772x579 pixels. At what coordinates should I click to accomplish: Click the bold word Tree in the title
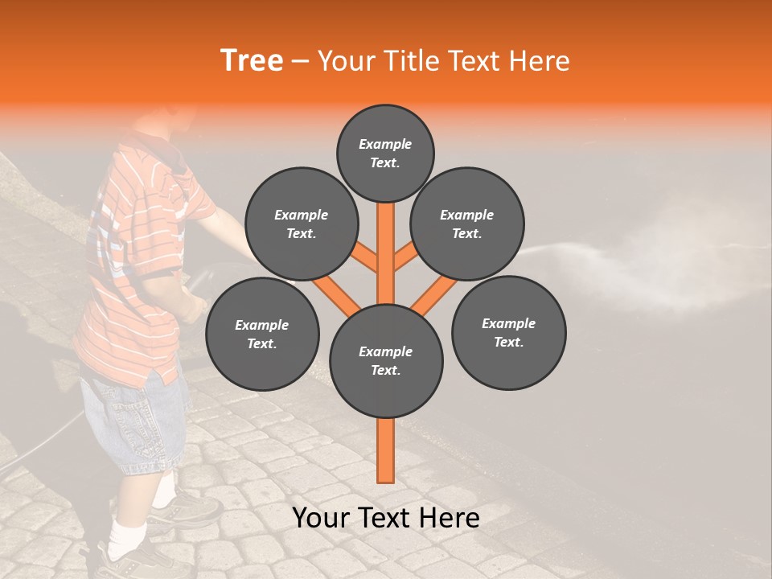coord(252,61)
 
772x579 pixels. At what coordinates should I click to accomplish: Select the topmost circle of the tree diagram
coord(385,153)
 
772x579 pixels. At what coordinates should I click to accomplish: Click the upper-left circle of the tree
coord(301,224)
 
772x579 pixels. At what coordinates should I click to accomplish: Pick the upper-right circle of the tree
coord(467,224)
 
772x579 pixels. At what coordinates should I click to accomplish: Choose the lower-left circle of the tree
coord(261,334)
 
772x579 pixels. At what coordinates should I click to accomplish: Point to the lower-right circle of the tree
coord(508,332)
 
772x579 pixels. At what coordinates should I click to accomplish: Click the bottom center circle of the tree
coord(386,360)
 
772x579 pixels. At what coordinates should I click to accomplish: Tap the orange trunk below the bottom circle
coord(386,450)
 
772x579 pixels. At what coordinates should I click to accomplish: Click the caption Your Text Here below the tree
coord(386,518)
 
